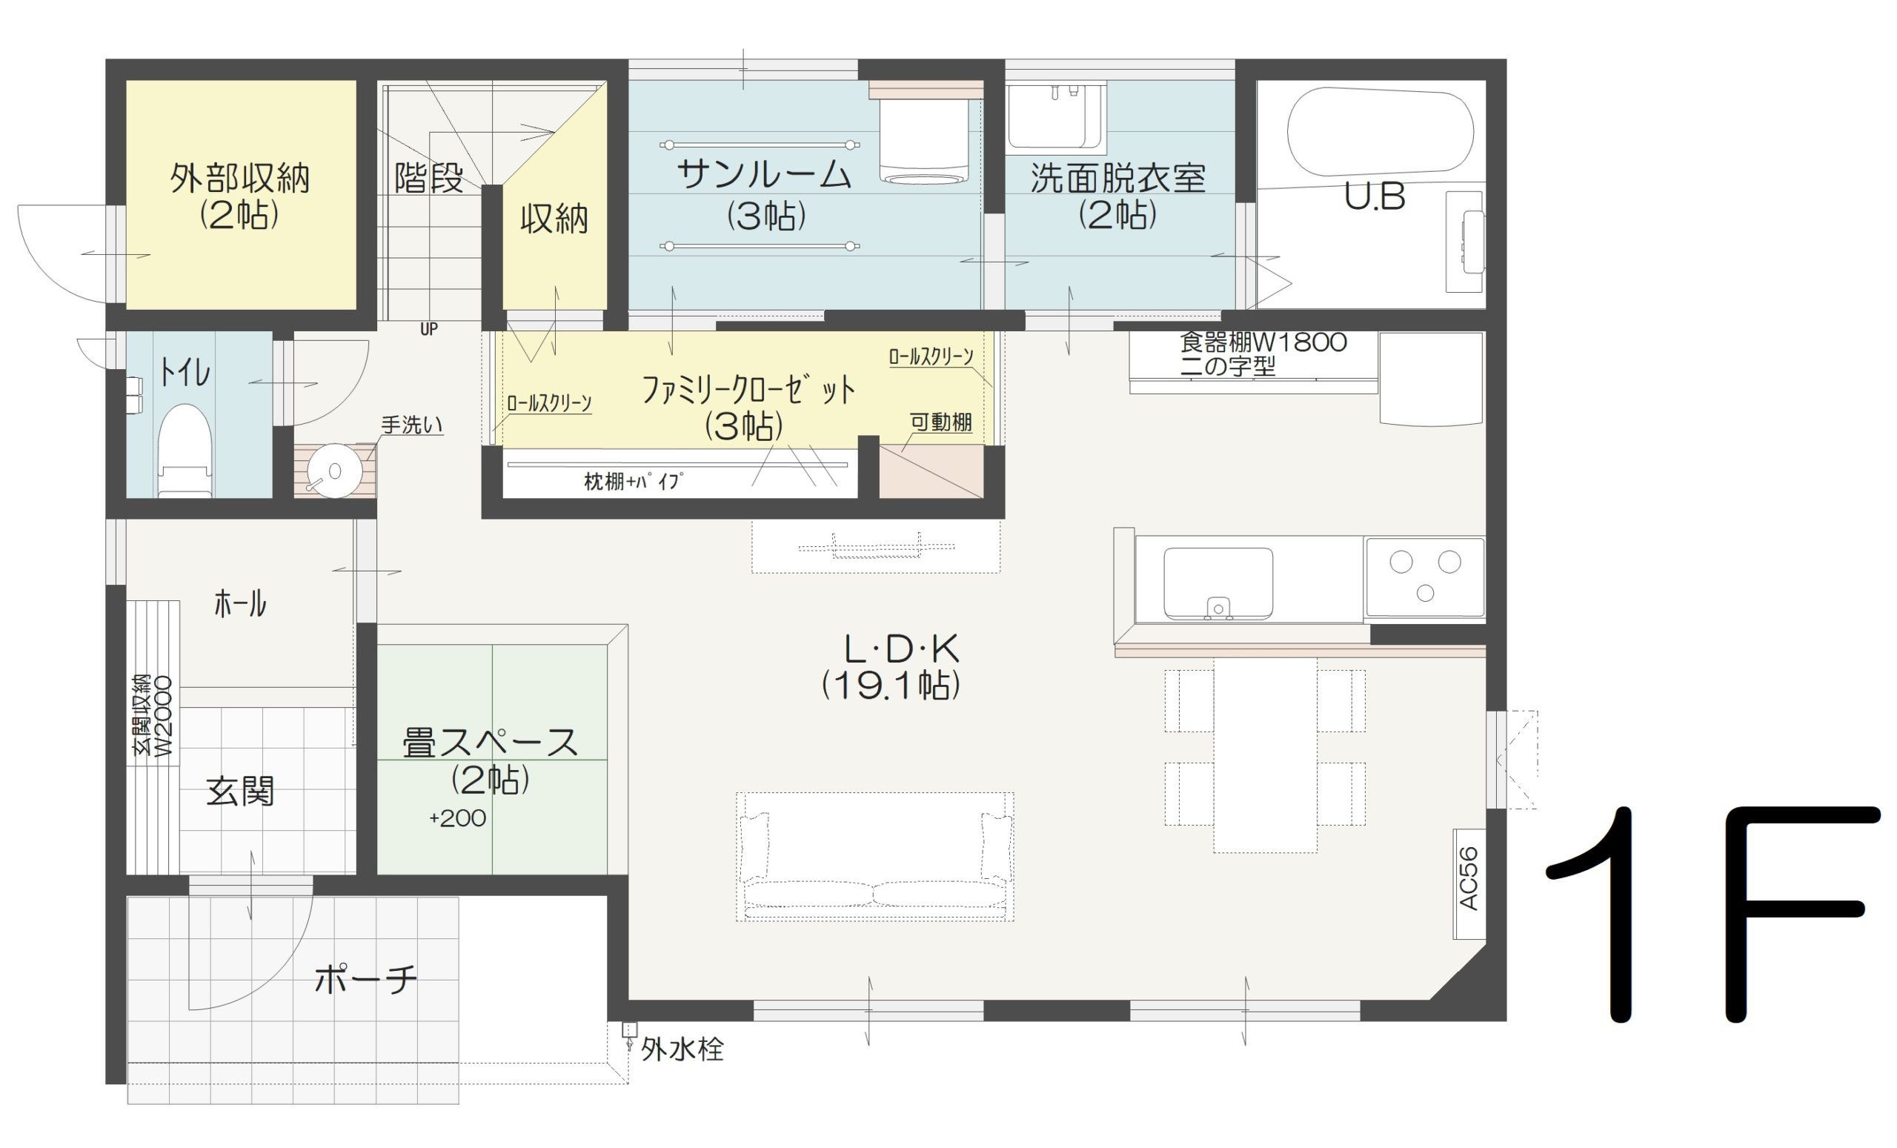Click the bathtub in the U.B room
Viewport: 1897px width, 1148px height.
1380,133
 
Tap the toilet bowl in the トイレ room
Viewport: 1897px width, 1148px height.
185,451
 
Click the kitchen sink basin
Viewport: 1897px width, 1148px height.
1218,583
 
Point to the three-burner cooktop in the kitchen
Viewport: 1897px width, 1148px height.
1424,577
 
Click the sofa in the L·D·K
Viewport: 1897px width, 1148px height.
874,856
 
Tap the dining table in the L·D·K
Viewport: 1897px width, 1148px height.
1265,754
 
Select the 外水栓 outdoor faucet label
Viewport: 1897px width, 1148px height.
682,1049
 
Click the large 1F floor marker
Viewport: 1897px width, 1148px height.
1713,914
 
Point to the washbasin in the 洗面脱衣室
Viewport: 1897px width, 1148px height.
1056,116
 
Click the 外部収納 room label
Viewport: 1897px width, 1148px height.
240,179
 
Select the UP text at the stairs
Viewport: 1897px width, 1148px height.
429,330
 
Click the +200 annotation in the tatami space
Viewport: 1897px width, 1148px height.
457,817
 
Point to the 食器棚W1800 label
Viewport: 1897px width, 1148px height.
1263,342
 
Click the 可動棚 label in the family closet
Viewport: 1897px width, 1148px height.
941,422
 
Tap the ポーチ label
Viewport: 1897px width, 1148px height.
366,979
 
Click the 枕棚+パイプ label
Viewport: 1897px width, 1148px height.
634,482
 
